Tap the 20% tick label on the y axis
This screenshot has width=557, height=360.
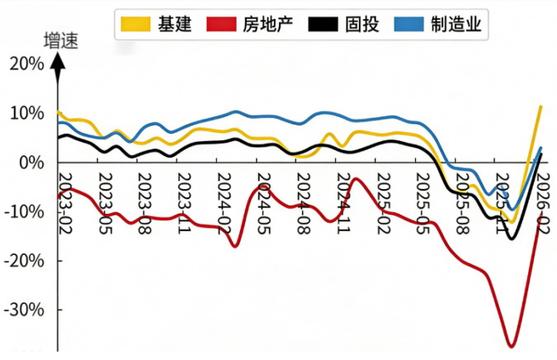click(26, 64)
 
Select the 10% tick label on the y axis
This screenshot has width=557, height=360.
click(26, 113)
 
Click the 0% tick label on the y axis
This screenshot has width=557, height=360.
click(31, 163)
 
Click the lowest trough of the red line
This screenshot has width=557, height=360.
click(512, 346)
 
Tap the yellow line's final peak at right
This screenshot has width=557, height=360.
click(540, 107)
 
